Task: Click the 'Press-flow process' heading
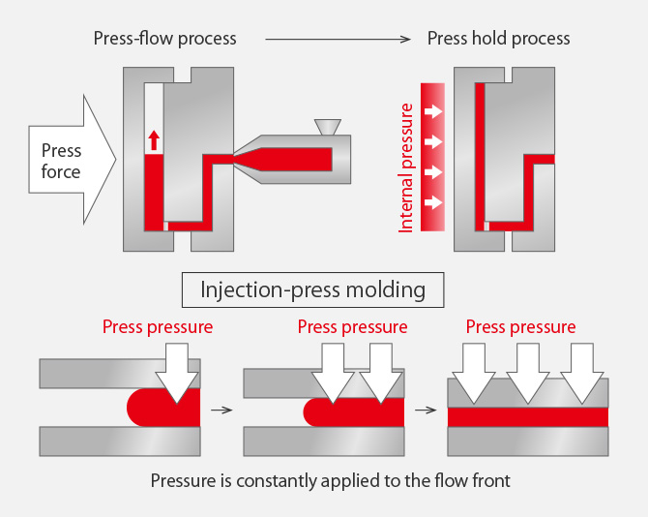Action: click(164, 39)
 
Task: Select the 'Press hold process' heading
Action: click(498, 39)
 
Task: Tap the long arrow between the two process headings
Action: click(339, 40)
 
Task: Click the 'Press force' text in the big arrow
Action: click(61, 161)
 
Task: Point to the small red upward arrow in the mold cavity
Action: click(154, 140)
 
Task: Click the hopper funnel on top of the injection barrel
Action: click(328, 127)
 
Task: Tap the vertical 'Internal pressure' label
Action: click(405, 167)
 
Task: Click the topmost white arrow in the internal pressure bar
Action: click(433, 111)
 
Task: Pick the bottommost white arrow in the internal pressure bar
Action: click(433, 202)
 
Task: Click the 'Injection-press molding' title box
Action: click(312, 289)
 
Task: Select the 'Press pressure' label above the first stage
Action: click(158, 327)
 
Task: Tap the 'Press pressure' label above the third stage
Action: click(520, 327)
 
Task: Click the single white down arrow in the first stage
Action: click(177, 373)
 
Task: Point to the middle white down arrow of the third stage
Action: click(528, 373)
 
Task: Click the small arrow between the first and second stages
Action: click(221, 410)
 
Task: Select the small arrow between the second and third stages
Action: click(426, 410)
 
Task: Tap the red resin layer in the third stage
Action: click(528, 417)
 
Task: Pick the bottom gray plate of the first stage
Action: click(120, 441)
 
